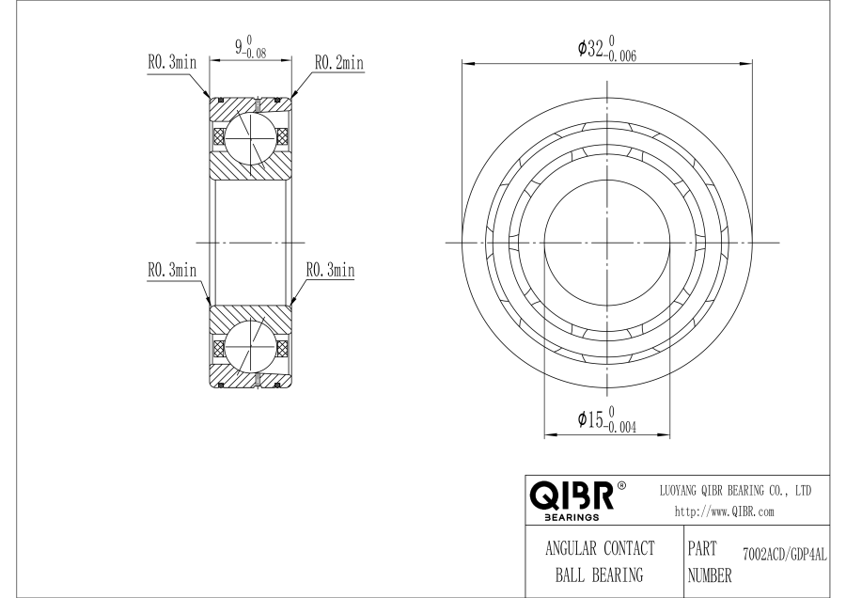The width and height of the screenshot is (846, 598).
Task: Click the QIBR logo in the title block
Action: pyautogui.click(x=572, y=496)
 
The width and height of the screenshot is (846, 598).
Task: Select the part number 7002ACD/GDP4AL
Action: pyautogui.click(x=783, y=557)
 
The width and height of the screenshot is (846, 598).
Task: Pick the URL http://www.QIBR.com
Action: pyautogui.click(x=725, y=512)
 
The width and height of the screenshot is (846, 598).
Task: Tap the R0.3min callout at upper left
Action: pyautogui.click(x=172, y=64)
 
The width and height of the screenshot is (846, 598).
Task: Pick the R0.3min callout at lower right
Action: pyautogui.click(x=330, y=270)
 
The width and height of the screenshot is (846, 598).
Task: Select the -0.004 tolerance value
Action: pyautogui.click(x=622, y=427)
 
